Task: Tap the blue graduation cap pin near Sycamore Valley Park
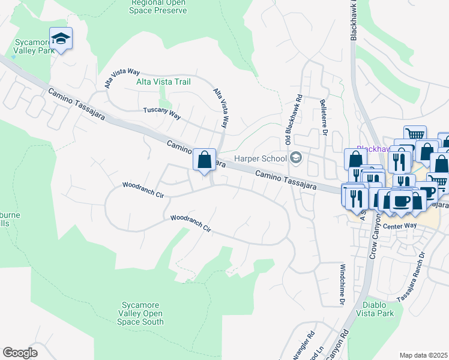pyautogui.click(x=61, y=39)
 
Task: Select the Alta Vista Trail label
pyautogui.click(x=163, y=82)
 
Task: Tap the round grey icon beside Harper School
pyautogui.click(x=295, y=158)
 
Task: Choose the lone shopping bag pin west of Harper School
pyautogui.click(x=204, y=160)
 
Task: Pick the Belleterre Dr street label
pyautogui.click(x=323, y=114)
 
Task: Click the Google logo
pyautogui.click(x=20, y=353)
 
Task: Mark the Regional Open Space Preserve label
pyautogui.click(x=159, y=7)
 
